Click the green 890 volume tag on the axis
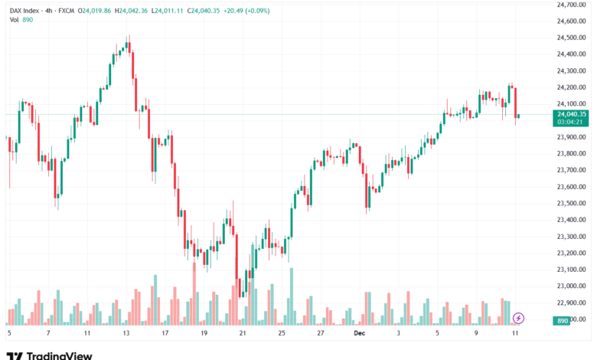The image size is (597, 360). [563, 321]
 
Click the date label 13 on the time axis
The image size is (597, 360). [126, 334]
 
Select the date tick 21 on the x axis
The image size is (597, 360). [243, 334]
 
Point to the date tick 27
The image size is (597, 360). [321, 334]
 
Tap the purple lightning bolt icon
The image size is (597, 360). [518, 317]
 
